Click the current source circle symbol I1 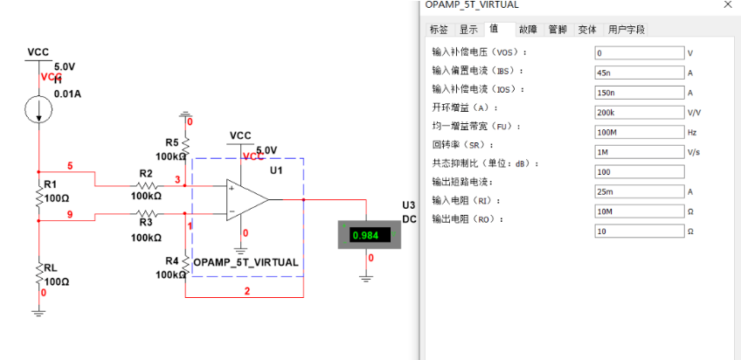(38, 107)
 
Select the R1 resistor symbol (38, 197)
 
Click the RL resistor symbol (38, 275)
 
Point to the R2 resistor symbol (145, 186)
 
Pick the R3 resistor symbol (145, 212)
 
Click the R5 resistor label (171, 142)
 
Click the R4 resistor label (171, 261)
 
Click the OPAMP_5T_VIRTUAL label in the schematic (246, 262)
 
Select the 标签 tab (439, 30)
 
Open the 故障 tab (528, 30)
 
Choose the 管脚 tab (557, 30)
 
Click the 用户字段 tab (627, 30)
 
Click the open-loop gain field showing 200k (638, 113)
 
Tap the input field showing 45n (638, 73)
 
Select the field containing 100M (638, 132)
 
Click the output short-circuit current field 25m (638, 191)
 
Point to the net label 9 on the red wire (70, 215)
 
